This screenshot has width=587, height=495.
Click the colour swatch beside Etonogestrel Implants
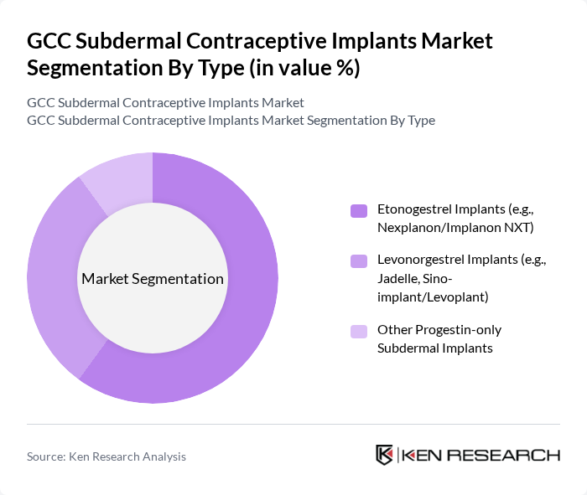[359, 211]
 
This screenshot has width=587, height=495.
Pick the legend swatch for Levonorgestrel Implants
[359, 261]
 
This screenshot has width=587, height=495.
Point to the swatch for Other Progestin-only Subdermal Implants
[359, 331]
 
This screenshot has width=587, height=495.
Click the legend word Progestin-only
[460, 330]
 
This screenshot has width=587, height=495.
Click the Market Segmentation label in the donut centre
[153, 279]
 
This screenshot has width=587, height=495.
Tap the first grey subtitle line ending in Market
[165, 103]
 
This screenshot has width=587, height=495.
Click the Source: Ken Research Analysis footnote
[106, 456]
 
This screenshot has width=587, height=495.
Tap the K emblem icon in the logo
[384, 455]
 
